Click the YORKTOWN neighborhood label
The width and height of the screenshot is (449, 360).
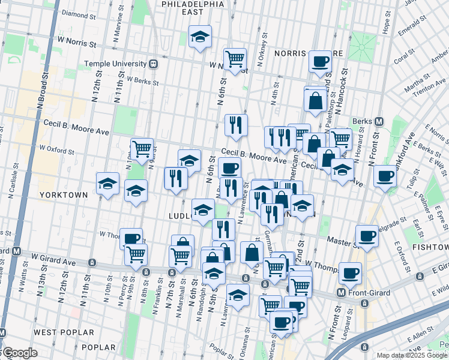(x=64, y=195)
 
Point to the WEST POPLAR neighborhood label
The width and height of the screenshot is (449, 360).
(x=64, y=332)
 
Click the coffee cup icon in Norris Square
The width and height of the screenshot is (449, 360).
(x=320, y=61)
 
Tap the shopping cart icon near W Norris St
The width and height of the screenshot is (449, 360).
(x=235, y=58)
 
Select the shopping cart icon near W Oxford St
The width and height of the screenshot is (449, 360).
(x=142, y=148)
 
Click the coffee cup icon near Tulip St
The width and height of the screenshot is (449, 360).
(x=385, y=175)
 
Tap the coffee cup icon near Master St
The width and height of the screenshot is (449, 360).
(x=367, y=235)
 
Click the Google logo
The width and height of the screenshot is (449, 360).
(x=19, y=353)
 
